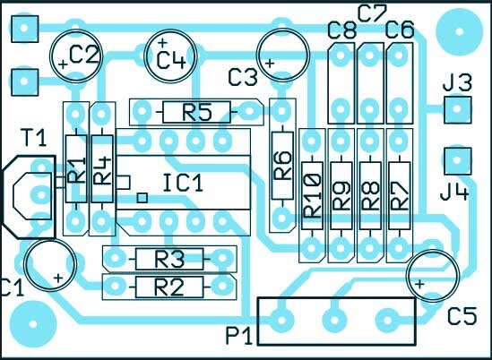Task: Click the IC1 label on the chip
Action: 183,184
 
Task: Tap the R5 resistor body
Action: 197,112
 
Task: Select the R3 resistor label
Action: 168,259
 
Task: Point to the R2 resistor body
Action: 169,287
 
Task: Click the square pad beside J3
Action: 457,110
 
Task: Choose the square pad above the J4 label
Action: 457,160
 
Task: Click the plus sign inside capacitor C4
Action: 162,42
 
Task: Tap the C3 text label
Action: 243,77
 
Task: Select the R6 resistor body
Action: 282,166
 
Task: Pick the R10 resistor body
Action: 312,196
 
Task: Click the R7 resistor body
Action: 400,196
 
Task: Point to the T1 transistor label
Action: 34,137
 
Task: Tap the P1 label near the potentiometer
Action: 239,337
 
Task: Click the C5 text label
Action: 462,316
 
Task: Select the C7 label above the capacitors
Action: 372,14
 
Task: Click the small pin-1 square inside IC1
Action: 142,198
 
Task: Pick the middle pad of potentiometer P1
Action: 335,321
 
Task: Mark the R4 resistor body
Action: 102,169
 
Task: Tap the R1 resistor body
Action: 76,169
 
